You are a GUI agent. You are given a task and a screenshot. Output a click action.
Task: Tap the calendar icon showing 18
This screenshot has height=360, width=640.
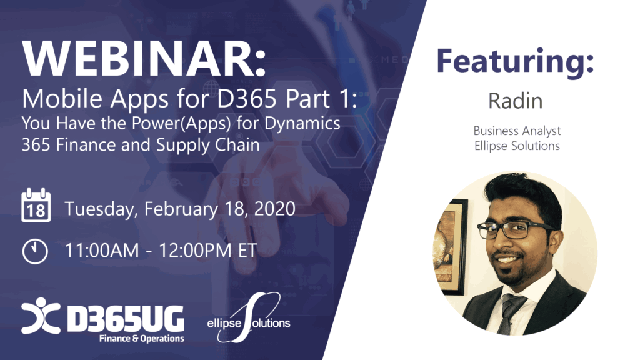pos(36,205)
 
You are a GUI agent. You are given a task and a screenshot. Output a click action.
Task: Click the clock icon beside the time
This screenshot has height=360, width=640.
pos(35,251)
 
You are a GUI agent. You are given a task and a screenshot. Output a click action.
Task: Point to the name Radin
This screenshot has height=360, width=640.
pos(516,101)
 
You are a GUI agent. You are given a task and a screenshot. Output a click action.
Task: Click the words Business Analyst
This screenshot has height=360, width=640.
pos(517,131)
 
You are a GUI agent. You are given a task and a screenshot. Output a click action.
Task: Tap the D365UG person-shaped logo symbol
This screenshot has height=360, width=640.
pos(41,316)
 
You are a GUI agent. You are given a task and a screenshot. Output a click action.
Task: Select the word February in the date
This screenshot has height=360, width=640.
pos(181,209)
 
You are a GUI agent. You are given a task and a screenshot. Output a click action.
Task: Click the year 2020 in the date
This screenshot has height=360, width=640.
pos(275,209)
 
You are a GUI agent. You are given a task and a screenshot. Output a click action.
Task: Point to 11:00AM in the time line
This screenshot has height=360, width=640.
pos(102,251)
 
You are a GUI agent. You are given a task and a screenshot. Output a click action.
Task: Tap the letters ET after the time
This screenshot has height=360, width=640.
pos(247,251)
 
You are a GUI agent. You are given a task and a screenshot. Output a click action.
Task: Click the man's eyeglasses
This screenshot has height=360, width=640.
pos(514,229)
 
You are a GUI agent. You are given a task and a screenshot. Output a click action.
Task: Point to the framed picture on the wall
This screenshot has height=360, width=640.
pos(451,246)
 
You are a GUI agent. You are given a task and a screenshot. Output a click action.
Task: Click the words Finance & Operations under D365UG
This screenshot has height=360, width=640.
pos(142,338)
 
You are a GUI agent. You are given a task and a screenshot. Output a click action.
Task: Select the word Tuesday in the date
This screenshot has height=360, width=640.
pos(102,209)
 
